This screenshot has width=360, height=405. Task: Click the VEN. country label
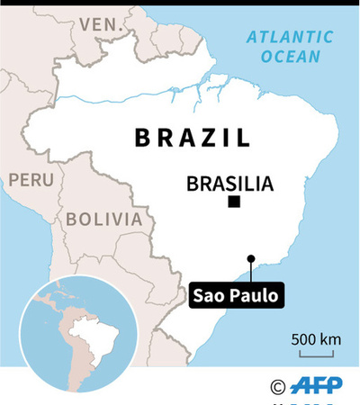[101, 24]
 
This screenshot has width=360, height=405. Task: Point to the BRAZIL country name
[192, 138]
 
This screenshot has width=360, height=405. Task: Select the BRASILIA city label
[229, 184]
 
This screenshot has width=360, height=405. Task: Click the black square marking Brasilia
[234, 202]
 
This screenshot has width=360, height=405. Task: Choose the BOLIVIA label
[103, 219]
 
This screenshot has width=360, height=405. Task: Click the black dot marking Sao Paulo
[251, 259]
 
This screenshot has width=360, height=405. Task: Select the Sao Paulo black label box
[236, 295]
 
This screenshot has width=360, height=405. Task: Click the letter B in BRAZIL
[140, 138]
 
